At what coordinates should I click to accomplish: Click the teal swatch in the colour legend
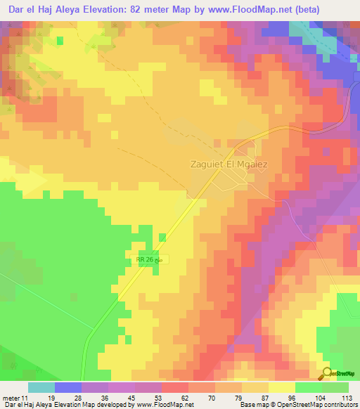click(41, 387)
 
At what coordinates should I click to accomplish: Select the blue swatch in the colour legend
click(68, 387)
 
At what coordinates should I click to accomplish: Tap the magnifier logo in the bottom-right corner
click(328, 373)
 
